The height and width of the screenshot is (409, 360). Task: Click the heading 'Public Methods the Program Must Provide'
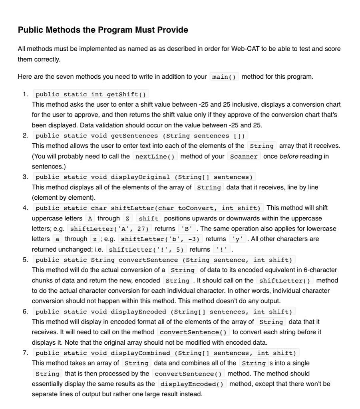click(103, 30)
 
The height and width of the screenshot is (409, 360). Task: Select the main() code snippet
click(224, 77)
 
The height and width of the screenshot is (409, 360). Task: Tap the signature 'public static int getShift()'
click(91, 94)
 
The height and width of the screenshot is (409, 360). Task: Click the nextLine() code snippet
click(155, 156)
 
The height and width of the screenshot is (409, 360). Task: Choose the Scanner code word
click(244, 156)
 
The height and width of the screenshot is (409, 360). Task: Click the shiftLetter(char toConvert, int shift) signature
click(147, 208)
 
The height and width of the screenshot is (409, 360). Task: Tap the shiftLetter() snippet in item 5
click(284, 281)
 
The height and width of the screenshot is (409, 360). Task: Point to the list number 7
click(25, 353)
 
